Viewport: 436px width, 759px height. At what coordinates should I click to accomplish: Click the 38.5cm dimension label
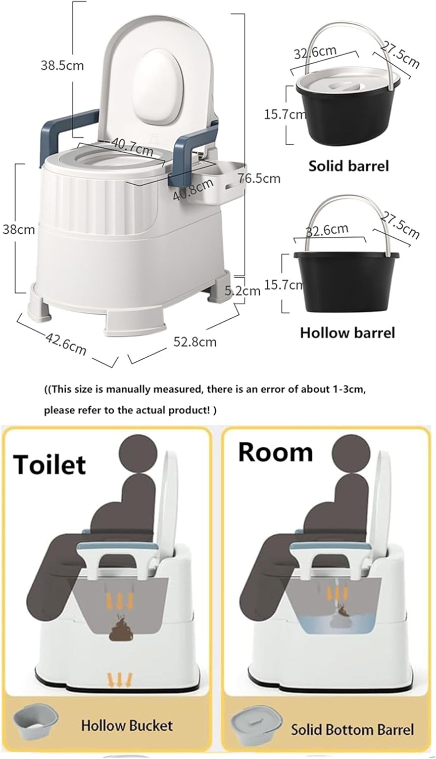(62, 65)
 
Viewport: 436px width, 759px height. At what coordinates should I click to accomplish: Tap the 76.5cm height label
(259, 178)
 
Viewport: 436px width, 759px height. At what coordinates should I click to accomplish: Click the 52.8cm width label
(195, 342)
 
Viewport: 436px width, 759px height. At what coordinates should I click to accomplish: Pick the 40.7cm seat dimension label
(132, 148)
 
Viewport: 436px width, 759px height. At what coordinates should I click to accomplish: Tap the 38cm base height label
(19, 230)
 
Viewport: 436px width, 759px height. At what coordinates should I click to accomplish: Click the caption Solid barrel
(349, 165)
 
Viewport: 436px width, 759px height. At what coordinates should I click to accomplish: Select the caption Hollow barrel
(348, 332)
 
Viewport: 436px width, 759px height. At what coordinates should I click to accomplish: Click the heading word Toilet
(50, 463)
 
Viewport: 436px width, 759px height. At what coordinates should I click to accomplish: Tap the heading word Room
(275, 451)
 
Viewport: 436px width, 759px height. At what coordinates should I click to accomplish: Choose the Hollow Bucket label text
(127, 726)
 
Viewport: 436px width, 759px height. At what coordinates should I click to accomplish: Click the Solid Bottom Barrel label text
(352, 729)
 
